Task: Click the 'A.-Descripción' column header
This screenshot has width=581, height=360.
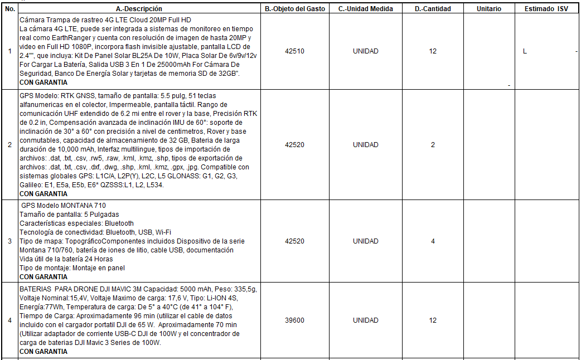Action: tap(139, 9)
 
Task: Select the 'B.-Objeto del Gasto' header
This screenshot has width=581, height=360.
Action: tap(294, 9)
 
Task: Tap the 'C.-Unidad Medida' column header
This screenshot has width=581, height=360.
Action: tap(365, 9)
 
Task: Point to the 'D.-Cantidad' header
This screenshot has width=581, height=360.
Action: tap(433, 9)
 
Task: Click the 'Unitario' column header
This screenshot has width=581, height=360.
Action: tap(489, 9)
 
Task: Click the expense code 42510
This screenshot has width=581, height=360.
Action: tap(294, 51)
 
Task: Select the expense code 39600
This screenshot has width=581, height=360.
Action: tap(294, 320)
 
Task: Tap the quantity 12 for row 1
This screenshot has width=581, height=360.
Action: tap(433, 51)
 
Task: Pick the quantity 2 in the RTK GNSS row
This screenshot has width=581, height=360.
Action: tap(433, 145)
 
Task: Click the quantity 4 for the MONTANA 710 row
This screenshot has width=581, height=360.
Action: tap(433, 241)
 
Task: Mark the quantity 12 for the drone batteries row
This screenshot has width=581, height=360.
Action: tap(433, 320)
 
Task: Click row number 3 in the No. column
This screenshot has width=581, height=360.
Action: tap(9, 241)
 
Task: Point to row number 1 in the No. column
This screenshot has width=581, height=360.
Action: tap(9, 51)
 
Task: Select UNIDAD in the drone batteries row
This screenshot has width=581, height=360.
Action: tap(365, 320)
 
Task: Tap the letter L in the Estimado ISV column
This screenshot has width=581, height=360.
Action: tap(525, 51)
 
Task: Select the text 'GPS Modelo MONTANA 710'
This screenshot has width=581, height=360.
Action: tap(63, 206)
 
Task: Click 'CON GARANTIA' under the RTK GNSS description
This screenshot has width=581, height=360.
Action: tap(43, 194)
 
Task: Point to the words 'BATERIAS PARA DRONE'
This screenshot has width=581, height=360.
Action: tap(57, 289)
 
